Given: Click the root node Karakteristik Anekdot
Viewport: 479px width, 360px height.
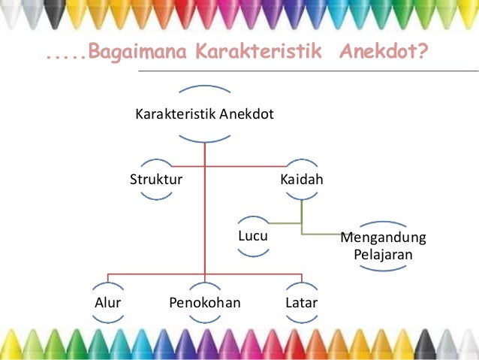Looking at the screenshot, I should coord(204,115).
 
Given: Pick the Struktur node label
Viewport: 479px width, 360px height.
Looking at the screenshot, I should coord(156,180).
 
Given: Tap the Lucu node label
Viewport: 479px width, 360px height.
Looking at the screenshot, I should coord(253,237).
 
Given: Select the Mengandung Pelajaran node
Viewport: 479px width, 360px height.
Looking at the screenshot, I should coord(383,246).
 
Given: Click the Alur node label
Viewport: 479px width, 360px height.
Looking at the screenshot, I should coord(108,303).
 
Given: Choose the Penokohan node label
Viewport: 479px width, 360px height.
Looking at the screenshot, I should coord(205,303).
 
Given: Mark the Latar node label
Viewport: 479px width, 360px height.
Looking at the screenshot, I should coord(301,303).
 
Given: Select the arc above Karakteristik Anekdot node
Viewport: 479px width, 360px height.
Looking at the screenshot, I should coord(204,89).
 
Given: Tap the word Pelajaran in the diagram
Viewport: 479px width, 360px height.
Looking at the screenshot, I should coord(383,254).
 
